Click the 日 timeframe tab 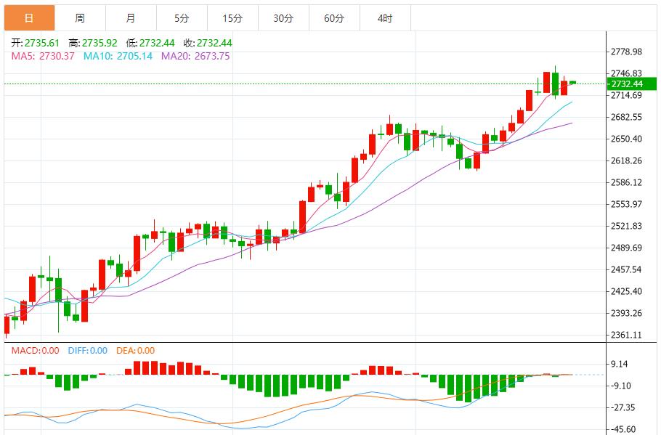coord(28,18)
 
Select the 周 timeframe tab coord(79,18)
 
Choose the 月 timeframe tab coord(130,18)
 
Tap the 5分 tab coord(182,18)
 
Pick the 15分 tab coord(232,18)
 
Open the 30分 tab coord(283,18)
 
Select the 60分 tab coord(334,18)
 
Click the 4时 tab coord(385,18)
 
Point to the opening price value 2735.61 coord(42,43)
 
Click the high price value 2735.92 coord(100,43)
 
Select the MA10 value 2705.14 coord(127,56)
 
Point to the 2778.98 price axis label coord(626,52)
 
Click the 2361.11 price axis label coord(626,335)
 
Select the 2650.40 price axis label coord(626,139)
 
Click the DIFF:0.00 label coord(87,351)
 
